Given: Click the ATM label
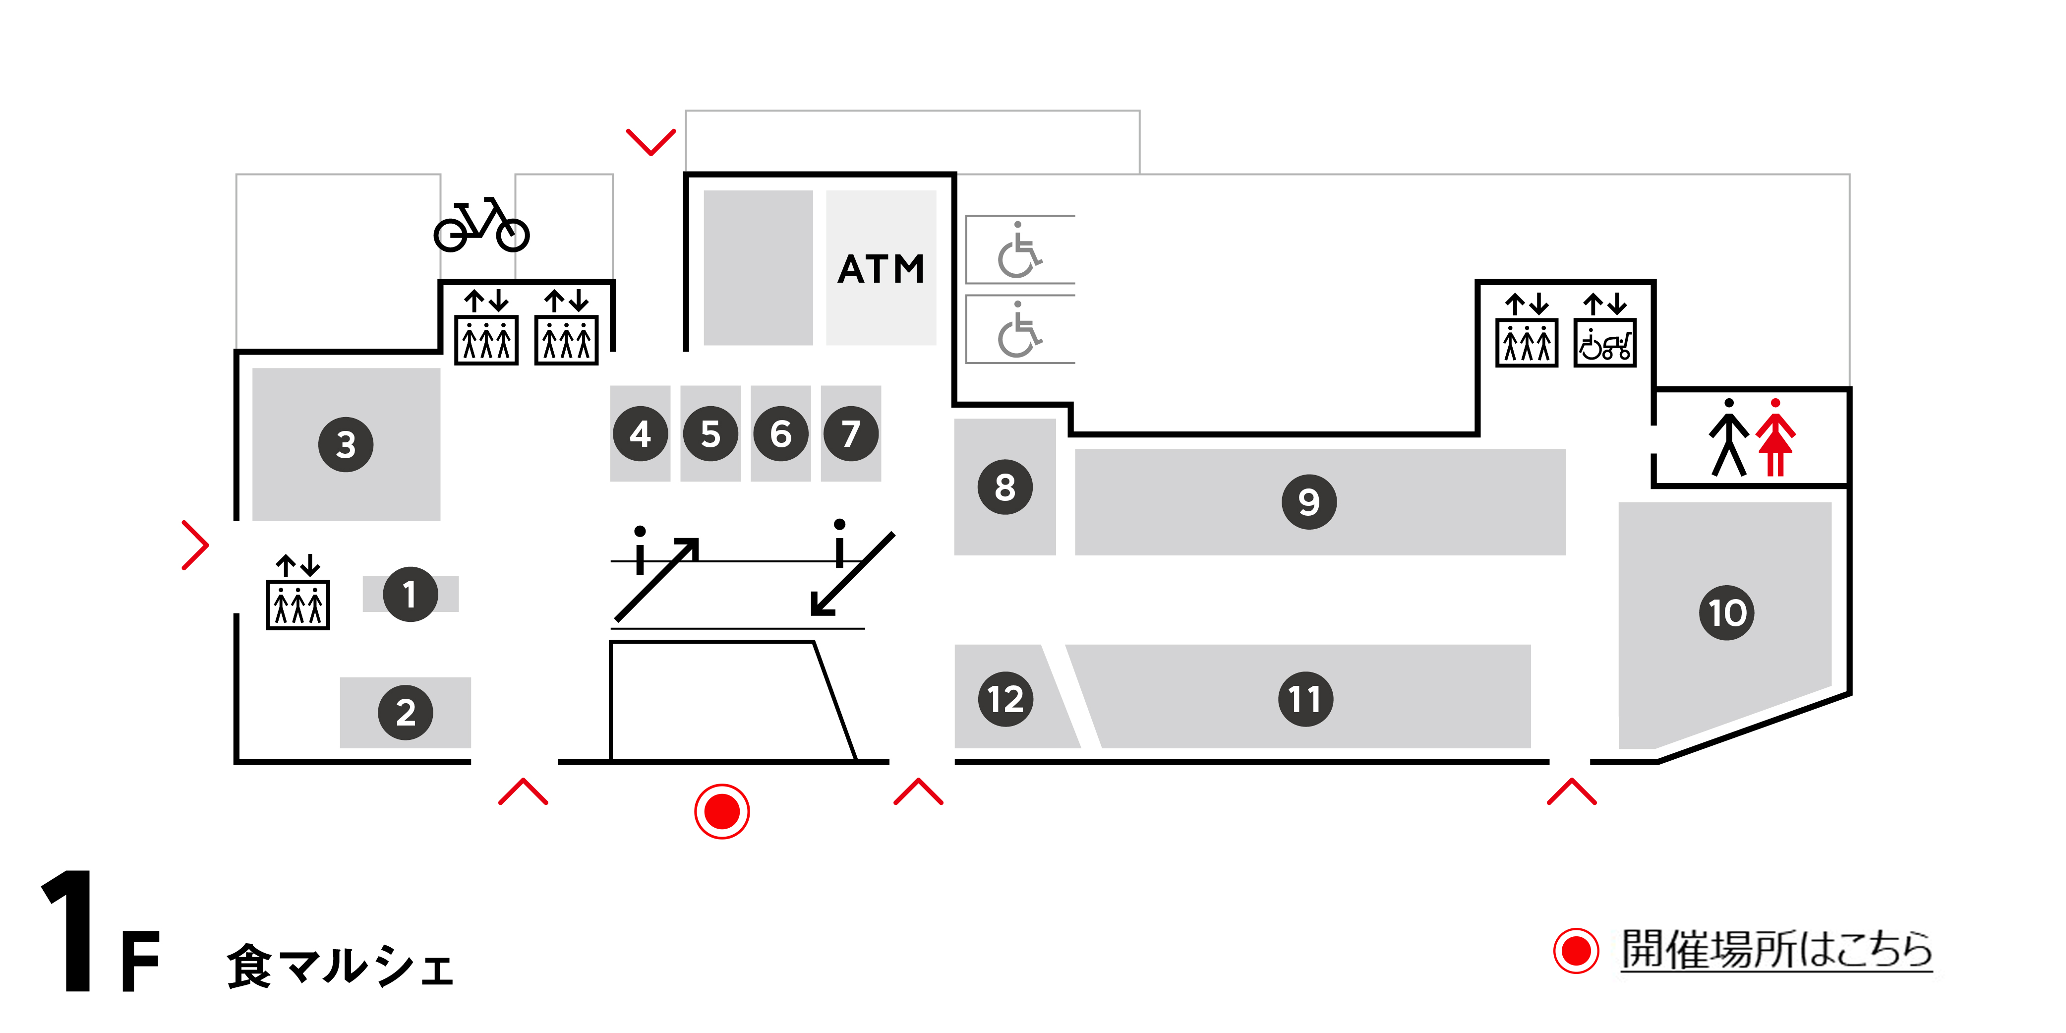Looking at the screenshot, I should pyautogui.click(x=881, y=269).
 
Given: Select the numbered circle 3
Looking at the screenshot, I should pyautogui.click(x=346, y=444).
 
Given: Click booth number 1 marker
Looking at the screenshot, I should pyautogui.click(x=410, y=594).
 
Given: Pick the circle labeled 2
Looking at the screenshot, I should pyautogui.click(x=406, y=712).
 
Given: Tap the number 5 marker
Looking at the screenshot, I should pyautogui.click(x=710, y=434).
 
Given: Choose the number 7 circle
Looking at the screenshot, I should pyautogui.click(x=851, y=434).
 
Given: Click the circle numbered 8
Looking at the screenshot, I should pyautogui.click(x=1005, y=487).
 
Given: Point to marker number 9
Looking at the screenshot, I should pyautogui.click(x=1309, y=502).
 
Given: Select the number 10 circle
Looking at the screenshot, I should pyautogui.click(x=1727, y=613).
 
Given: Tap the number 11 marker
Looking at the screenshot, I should pyautogui.click(x=1305, y=699).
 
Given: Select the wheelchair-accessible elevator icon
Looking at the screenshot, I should pyautogui.click(x=1605, y=343).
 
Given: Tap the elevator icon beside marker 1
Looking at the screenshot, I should pyautogui.click(x=297, y=603).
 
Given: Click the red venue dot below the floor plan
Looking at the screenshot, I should pyautogui.click(x=722, y=812).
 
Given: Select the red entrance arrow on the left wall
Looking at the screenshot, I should pyautogui.click(x=195, y=546).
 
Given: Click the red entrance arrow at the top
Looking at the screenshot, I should pyautogui.click(x=650, y=142).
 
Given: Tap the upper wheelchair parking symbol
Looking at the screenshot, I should pyautogui.click(x=1018, y=250).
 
